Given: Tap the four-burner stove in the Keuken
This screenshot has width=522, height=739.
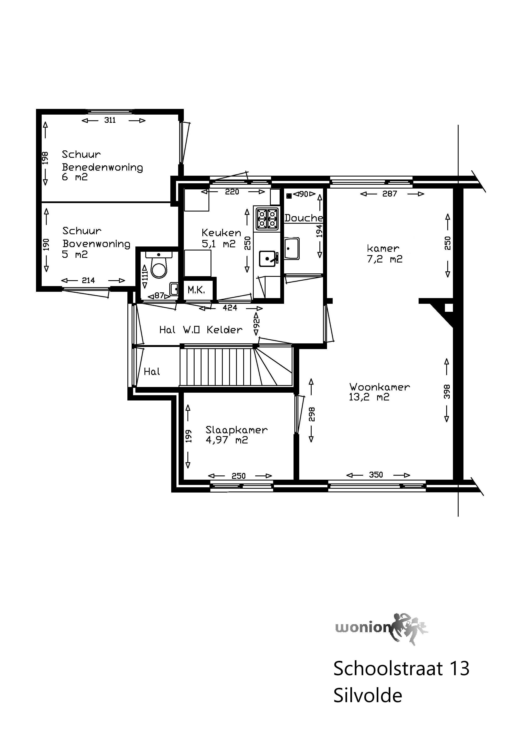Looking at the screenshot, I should pos(267,218).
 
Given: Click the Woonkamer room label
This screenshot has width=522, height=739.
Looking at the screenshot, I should pos(379,387).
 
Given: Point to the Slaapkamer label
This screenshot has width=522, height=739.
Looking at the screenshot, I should pos(236,430).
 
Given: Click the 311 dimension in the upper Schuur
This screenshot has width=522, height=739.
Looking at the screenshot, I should pos(110,120).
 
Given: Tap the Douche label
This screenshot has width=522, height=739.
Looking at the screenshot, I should pos(304,218).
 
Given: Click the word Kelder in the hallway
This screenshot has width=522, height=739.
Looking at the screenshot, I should pos(224,330).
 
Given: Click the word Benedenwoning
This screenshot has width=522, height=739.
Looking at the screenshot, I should pos(102,167).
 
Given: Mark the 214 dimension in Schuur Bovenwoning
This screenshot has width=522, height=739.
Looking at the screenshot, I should pos(88,280).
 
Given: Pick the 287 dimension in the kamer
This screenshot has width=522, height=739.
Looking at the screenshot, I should pos(390,194).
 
